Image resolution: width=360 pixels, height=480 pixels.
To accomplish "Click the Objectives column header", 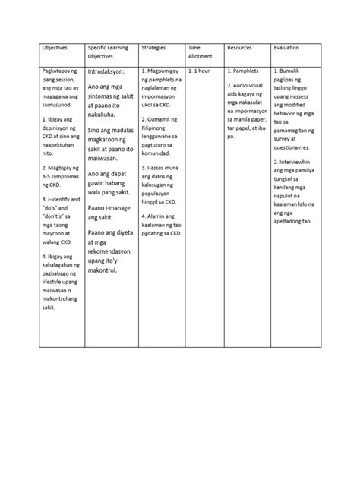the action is pyautogui.click(x=55, y=47).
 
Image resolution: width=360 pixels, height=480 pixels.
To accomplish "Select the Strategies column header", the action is pyautogui.click(x=154, y=47).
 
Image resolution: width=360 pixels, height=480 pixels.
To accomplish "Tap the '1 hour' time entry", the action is pyautogui.click(x=203, y=71).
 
